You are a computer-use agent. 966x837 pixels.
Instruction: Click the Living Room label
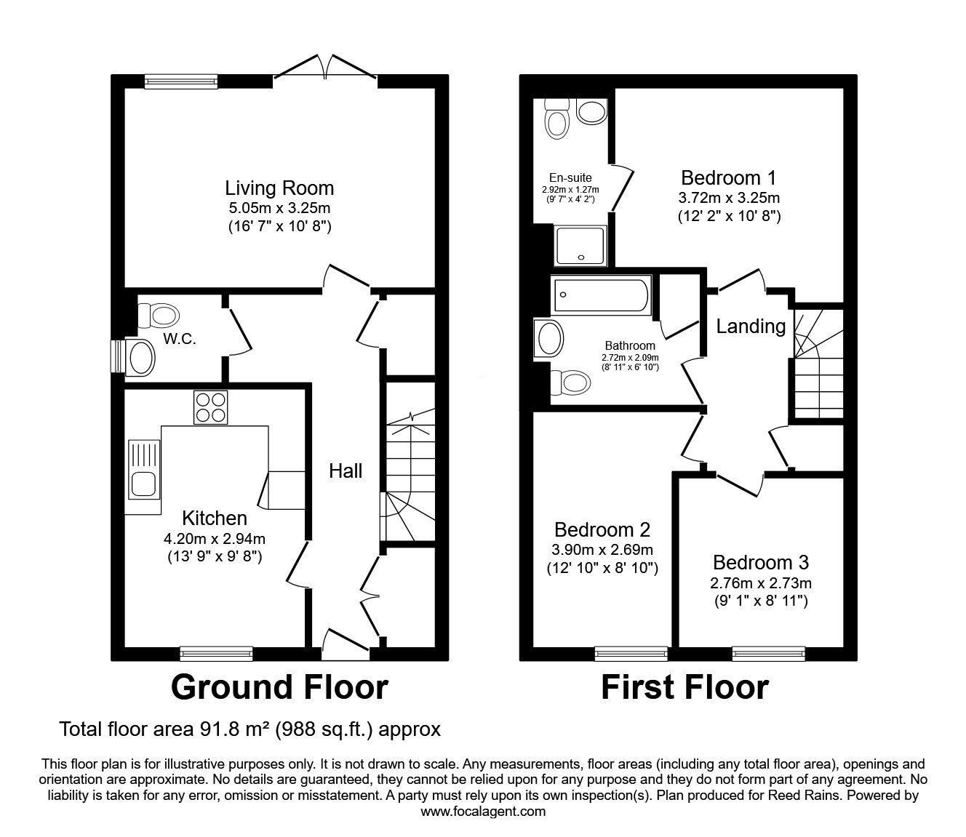click(x=279, y=188)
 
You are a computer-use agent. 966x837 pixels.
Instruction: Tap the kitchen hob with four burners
click(x=211, y=407)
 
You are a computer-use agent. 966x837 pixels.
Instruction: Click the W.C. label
click(x=179, y=339)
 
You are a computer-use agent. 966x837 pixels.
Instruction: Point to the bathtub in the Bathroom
click(x=601, y=297)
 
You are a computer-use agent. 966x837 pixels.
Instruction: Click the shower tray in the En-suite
click(x=580, y=245)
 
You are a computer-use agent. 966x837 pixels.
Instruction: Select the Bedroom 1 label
click(x=728, y=177)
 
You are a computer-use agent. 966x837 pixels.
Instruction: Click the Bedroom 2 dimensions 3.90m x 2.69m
click(x=602, y=550)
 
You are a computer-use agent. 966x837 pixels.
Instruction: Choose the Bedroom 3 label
click(x=761, y=562)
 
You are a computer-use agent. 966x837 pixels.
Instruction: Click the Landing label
click(x=751, y=327)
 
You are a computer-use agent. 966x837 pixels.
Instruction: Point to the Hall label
click(x=346, y=471)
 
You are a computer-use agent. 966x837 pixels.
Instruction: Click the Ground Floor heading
click(x=279, y=687)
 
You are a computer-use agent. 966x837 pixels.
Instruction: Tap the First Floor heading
click(x=684, y=687)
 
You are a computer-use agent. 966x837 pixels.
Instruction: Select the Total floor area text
click(x=250, y=729)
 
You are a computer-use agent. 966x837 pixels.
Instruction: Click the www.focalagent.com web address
click(x=483, y=812)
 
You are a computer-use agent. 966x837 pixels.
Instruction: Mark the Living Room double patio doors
click(x=325, y=69)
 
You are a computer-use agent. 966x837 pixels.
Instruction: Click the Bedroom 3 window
click(x=768, y=653)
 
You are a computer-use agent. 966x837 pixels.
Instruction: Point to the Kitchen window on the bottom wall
click(x=216, y=653)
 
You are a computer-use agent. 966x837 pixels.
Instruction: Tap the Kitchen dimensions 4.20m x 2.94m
click(x=214, y=539)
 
